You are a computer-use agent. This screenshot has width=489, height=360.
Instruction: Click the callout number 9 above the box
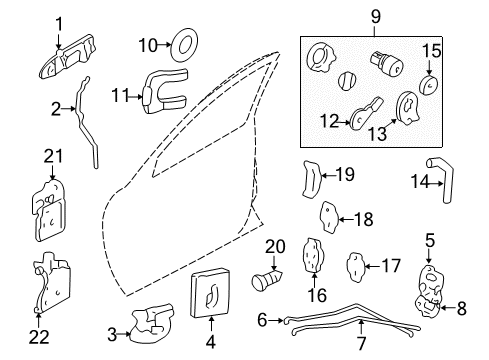(376, 18)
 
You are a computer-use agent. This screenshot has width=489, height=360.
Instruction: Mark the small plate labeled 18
(329, 217)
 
